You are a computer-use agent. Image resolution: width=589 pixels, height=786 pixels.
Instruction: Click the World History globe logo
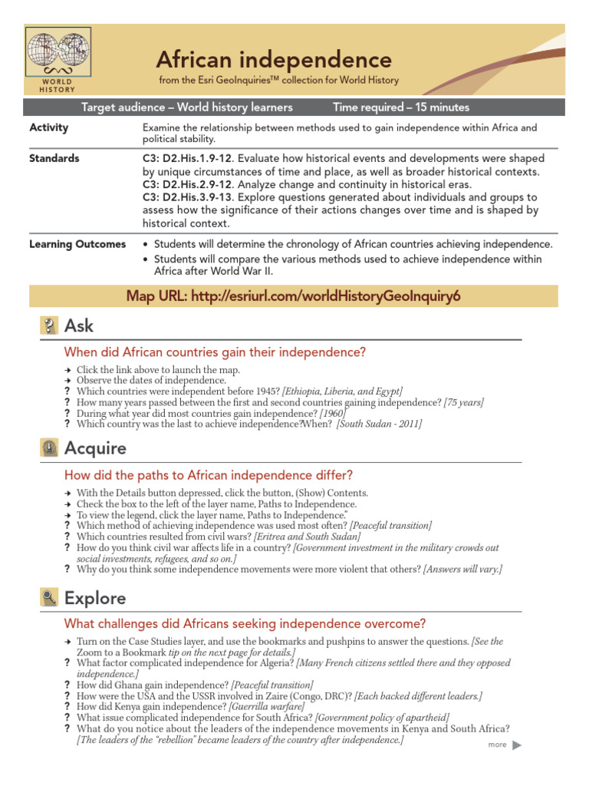coord(58,54)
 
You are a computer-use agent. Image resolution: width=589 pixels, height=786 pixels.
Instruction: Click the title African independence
coord(274,59)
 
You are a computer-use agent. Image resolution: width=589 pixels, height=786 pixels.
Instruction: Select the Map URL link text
coord(294,296)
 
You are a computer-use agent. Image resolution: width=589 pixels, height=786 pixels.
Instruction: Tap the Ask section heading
coord(79,325)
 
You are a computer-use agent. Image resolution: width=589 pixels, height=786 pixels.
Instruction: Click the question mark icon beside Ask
coord(49,326)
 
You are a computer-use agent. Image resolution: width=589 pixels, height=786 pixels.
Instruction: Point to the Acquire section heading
coord(96,447)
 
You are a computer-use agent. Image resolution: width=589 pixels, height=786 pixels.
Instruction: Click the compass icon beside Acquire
coord(49,448)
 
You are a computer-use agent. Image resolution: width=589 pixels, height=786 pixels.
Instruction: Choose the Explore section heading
coord(95,597)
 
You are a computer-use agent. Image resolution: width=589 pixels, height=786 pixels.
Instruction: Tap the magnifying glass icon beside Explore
coord(49,598)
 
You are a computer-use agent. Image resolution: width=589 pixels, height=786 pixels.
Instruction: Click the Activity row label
coord(48,127)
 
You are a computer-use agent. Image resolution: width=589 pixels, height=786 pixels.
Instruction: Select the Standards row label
coord(54,158)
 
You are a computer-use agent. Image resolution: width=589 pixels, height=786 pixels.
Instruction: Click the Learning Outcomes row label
coord(77,244)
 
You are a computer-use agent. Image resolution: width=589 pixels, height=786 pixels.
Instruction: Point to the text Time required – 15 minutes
coord(401,107)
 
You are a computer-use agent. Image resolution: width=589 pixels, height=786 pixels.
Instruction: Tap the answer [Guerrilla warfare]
coord(266,705)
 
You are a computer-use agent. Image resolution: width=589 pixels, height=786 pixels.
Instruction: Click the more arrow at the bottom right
coord(516,745)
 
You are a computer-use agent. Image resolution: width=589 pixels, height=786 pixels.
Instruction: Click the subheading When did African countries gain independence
coord(216,352)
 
